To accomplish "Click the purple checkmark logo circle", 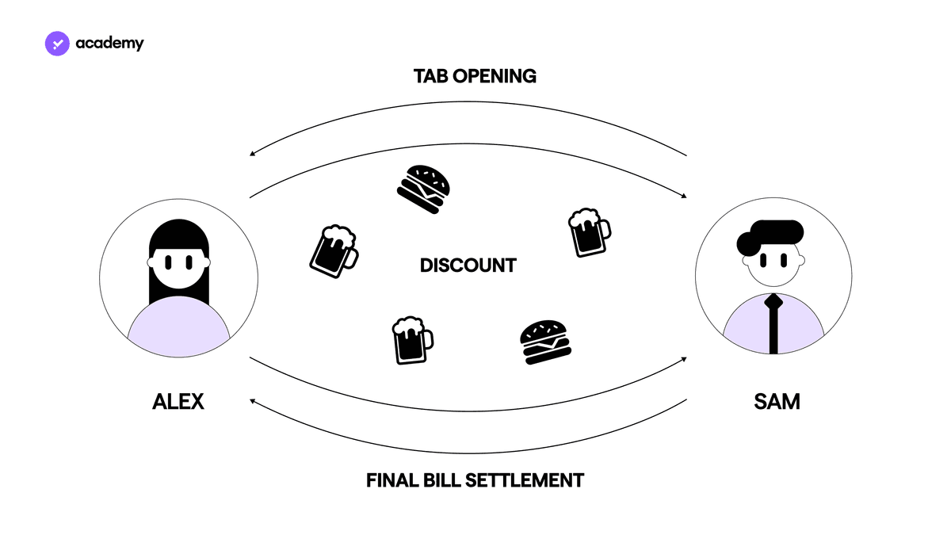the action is (57, 44).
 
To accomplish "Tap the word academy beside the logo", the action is (109, 44).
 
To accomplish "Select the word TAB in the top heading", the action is (430, 76).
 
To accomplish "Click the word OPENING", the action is (495, 76).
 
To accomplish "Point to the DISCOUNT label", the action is (468, 266).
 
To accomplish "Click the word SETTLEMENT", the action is (525, 480).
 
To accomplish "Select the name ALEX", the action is (178, 402).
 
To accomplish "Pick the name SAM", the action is (777, 402).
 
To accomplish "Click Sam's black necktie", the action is (773, 323).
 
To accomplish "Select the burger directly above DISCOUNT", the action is (424, 189).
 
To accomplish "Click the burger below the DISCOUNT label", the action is (545, 342).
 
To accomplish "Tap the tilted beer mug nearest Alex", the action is (334, 251).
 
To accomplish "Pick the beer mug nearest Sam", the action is (590, 232).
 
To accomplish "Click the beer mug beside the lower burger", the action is (412, 340).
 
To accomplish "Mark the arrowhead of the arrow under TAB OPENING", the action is (252, 154).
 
